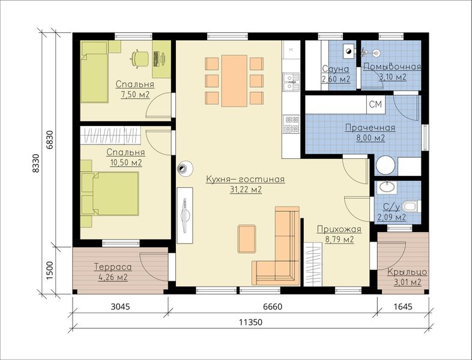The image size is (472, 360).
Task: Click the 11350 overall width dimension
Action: tap(250, 322)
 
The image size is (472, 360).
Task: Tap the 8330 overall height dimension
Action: tap(36, 163)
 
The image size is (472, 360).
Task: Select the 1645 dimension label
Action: tap(403, 307)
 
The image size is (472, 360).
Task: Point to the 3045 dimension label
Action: tap(121, 307)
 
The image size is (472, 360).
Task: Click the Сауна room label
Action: tap(335, 69)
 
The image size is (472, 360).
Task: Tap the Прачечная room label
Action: tap(370, 128)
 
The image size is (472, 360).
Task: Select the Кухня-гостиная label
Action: tap(246, 179)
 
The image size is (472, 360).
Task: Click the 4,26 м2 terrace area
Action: tap(113, 277)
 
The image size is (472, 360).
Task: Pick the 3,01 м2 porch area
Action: tap(407, 282)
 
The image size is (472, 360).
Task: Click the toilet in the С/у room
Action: tap(411, 206)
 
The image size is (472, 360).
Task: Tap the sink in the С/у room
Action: tap(387, 187)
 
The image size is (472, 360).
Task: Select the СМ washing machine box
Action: tap(376, 104)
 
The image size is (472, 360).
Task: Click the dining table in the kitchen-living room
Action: tap(234, 80)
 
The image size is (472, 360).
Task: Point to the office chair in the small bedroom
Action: tap(140, 58)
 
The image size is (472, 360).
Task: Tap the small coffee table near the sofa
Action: tap(247, 239)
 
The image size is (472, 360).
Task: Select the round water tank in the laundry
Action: tap(386, 165)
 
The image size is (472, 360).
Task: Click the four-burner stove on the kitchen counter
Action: tap(291, 124)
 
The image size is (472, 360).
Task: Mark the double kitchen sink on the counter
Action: tap(291, 82)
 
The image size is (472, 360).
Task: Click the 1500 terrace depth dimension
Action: tap(50, 271)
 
